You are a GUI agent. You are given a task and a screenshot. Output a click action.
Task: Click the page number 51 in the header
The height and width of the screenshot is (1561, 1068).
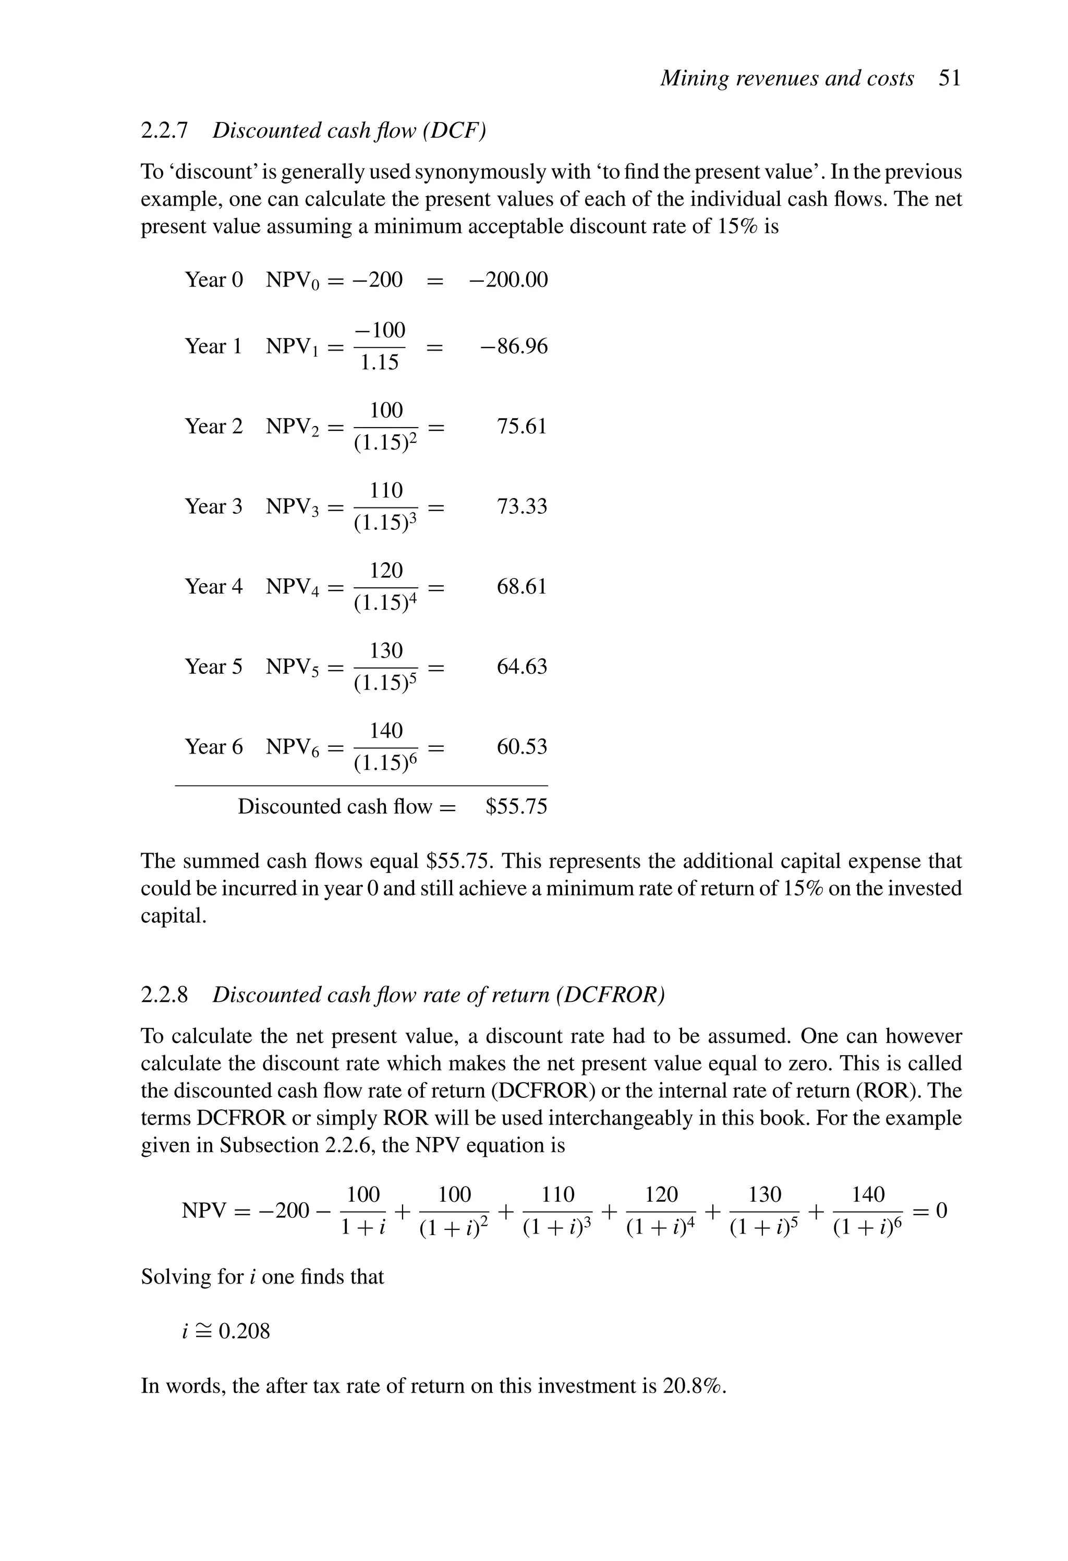click(949, 79)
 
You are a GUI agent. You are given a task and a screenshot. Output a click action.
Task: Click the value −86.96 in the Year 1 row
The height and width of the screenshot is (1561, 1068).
click(514, 347)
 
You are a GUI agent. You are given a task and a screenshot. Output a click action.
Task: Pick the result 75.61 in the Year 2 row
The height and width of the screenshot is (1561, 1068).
click(522, 427)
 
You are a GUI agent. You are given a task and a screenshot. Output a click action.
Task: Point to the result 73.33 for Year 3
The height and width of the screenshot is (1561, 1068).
click(522, 506)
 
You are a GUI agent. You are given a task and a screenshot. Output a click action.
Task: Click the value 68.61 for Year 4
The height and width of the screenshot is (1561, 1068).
click(522, 586)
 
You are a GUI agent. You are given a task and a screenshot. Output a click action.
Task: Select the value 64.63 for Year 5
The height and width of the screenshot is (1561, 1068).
click(522, 667)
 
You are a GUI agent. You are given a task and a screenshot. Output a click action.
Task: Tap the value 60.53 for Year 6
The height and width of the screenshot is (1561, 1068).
click(522, 746)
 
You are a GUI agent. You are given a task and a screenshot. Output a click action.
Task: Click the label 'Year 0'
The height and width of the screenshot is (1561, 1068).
click(214, 280)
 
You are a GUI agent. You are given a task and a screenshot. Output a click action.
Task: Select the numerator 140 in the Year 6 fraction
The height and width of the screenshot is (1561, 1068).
click(386, 730)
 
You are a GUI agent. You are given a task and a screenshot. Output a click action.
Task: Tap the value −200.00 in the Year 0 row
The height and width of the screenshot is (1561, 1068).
click(508, 280)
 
